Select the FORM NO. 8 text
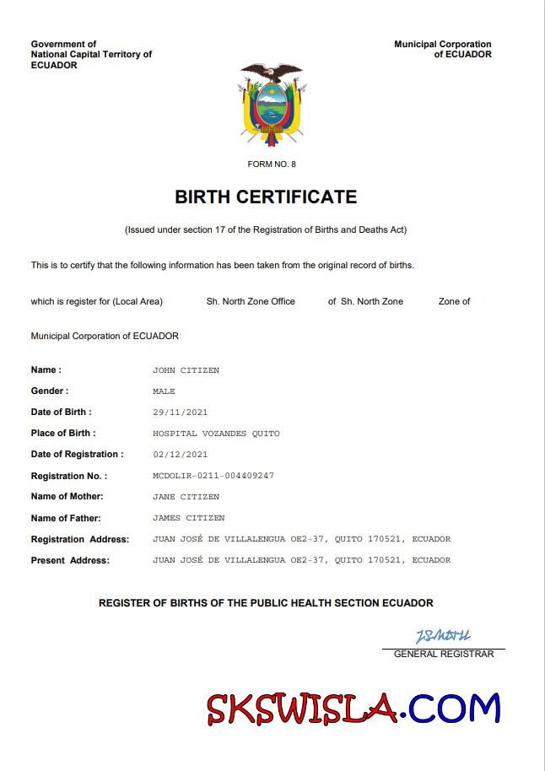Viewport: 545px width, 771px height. pos(272,164)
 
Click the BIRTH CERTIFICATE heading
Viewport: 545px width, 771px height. pos(266,197)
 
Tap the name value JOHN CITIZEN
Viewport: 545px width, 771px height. pos(186,370)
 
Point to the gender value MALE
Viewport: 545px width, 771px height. pos(164,391)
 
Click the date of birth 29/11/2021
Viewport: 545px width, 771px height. pos(180,412)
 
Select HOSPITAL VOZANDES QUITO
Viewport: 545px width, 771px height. pos(216,434)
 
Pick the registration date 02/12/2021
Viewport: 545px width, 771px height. pos(180,455)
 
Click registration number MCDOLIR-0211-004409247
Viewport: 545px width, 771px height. pos(213,476)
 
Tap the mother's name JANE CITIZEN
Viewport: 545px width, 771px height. pos(186,497)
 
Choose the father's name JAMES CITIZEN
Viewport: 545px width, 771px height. pos(188,518)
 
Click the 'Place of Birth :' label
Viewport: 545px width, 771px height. pos(63,434)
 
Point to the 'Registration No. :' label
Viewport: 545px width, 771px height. pos(69,476)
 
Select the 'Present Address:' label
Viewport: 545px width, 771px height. pos(70,560)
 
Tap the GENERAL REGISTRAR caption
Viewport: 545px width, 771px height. pos(444,654)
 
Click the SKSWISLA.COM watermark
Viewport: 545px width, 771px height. pos(353,709)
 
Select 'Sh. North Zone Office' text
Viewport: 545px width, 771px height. pos(251,301)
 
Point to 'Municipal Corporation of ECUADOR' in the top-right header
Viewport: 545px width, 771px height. pos(443,49)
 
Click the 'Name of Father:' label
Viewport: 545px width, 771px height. pos(66,518)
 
